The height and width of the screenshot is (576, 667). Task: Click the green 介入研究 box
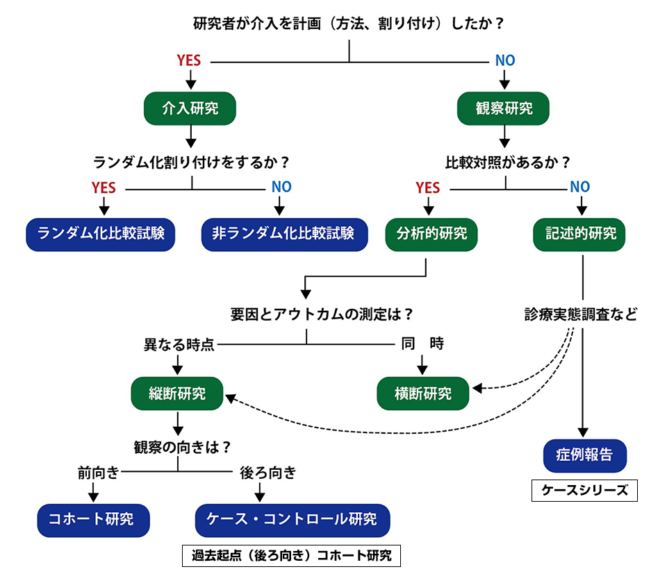(190, 108)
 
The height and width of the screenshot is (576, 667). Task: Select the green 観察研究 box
(504, 108)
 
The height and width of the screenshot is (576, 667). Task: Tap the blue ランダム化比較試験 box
(101, 233)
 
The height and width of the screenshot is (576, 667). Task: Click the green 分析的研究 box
(427, 233)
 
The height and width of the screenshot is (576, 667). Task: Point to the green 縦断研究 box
(177, 393)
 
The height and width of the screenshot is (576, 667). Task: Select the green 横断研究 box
(422, 393)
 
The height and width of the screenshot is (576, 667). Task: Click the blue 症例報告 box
(584, 455)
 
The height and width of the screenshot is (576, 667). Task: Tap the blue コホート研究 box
(93, 518)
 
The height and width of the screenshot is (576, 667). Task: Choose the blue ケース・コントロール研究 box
(292, 518)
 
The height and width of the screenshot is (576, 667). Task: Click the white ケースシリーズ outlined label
(584, 490)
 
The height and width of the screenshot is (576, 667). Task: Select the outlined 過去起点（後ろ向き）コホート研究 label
(292, 556)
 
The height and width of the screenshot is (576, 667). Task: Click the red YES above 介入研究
(189, 61)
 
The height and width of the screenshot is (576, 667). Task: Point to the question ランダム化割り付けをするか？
(191, 162)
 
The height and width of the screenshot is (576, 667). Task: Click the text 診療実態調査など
(580, 314)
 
